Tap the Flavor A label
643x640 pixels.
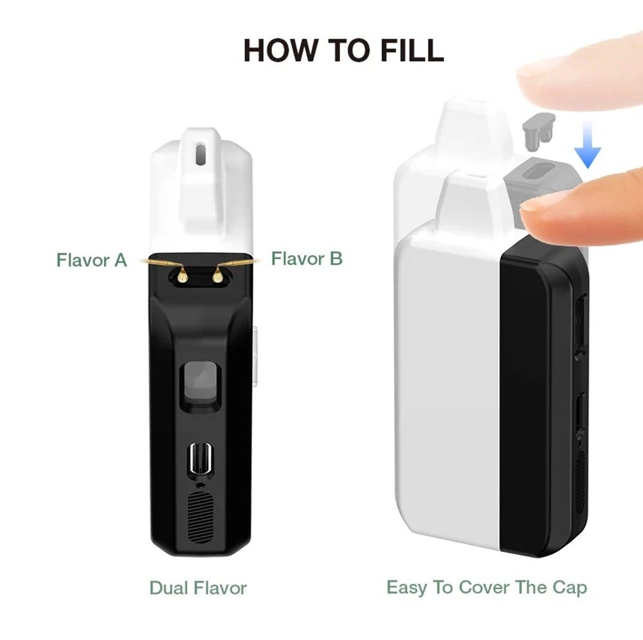[91, 260]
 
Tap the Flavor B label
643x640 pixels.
[307, 259]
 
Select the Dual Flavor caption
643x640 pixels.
[198, 588]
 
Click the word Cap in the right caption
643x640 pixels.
[569, 588]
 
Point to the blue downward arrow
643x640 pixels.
[587, 145]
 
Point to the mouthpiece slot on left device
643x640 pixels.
[201, 154]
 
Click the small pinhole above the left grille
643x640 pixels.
[200, 485]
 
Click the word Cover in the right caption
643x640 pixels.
[484, 587]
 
